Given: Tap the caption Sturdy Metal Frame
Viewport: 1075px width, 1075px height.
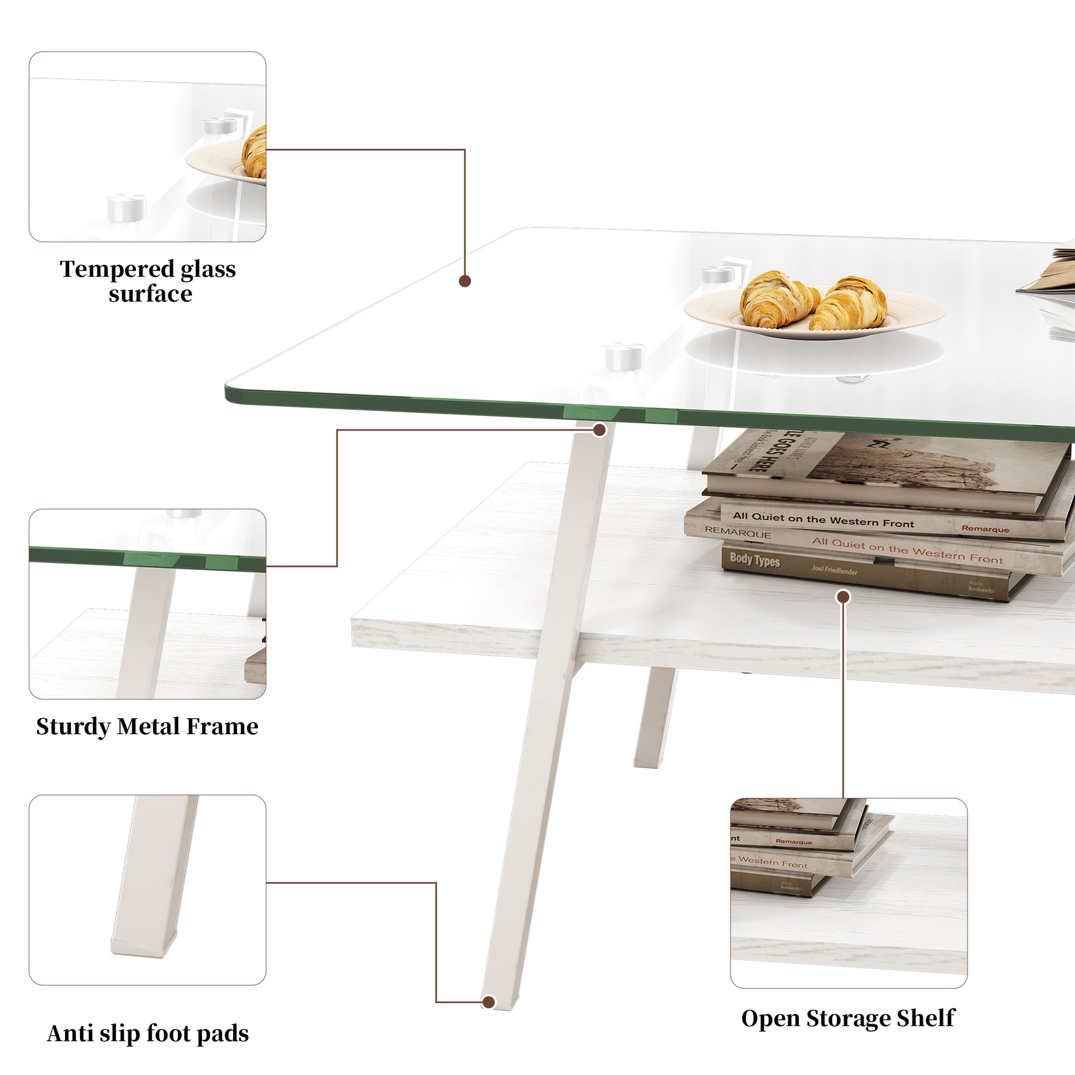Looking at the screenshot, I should [x=147, y=726].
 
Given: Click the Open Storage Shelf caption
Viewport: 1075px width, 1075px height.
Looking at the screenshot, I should [x=848, y=1018].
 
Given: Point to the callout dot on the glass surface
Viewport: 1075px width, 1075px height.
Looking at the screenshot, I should [x=465, y=281].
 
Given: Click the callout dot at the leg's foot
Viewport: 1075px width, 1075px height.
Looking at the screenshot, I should [x=488, y=1002].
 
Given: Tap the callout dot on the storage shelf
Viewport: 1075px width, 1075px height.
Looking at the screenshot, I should [x=844, y=597].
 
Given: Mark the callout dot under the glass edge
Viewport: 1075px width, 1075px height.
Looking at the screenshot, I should [x=599, y=430].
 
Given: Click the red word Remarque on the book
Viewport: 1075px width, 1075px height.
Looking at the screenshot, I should [x=985, y=529].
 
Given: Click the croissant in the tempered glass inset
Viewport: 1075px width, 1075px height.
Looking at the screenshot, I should [x=255, y=153].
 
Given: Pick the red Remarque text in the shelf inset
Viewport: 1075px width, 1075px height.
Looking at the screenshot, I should [x=793, y=842].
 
